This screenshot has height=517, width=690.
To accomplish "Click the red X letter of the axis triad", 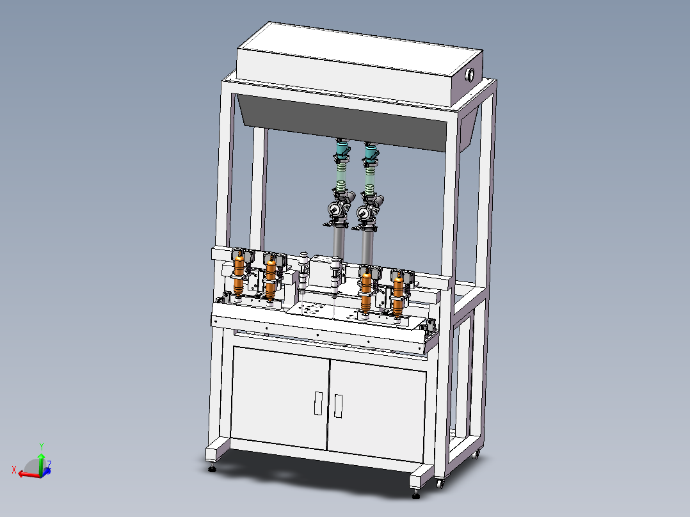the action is pos(14,470).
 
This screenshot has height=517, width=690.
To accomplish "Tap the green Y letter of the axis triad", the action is pos(42,447).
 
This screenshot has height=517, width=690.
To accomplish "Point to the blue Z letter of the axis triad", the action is pos(49,464).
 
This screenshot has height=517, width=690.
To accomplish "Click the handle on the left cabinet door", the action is pos(318,403).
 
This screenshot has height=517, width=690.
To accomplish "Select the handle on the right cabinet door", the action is pos(338,406).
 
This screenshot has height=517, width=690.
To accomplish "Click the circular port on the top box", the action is pos(470,75).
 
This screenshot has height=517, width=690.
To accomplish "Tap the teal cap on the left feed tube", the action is pos(342,148).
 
